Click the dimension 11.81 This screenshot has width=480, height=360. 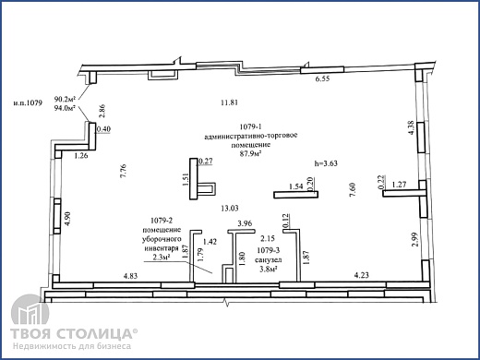click(229, 102)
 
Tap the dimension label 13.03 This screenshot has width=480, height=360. click(230, 209)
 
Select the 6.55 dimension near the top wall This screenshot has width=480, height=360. click(322, 78)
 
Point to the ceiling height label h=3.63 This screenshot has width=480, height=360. click(326, 163)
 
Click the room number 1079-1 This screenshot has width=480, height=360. click(250, 126)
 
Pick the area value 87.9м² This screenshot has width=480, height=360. click(251, 154)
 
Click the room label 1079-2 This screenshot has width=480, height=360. click(162, 221)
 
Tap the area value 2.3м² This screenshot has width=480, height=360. click(162, 257)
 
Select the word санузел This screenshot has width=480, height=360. click(269, 260)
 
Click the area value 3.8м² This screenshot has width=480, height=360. click(269, 269)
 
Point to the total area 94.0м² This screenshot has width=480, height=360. click(65, 108)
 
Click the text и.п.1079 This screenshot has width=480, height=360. click(28, 102)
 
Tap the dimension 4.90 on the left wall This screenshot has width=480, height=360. click(68, 219)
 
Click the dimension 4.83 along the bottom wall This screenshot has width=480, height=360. click(130, 276)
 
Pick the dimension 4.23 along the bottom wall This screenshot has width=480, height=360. click(361, 275)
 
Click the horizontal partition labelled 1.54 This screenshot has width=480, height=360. click(295, 195)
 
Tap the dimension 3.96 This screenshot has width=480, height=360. click(245, 223)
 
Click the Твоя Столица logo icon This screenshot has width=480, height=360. click(30, 309)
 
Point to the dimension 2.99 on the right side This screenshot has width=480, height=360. click(415, 239)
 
